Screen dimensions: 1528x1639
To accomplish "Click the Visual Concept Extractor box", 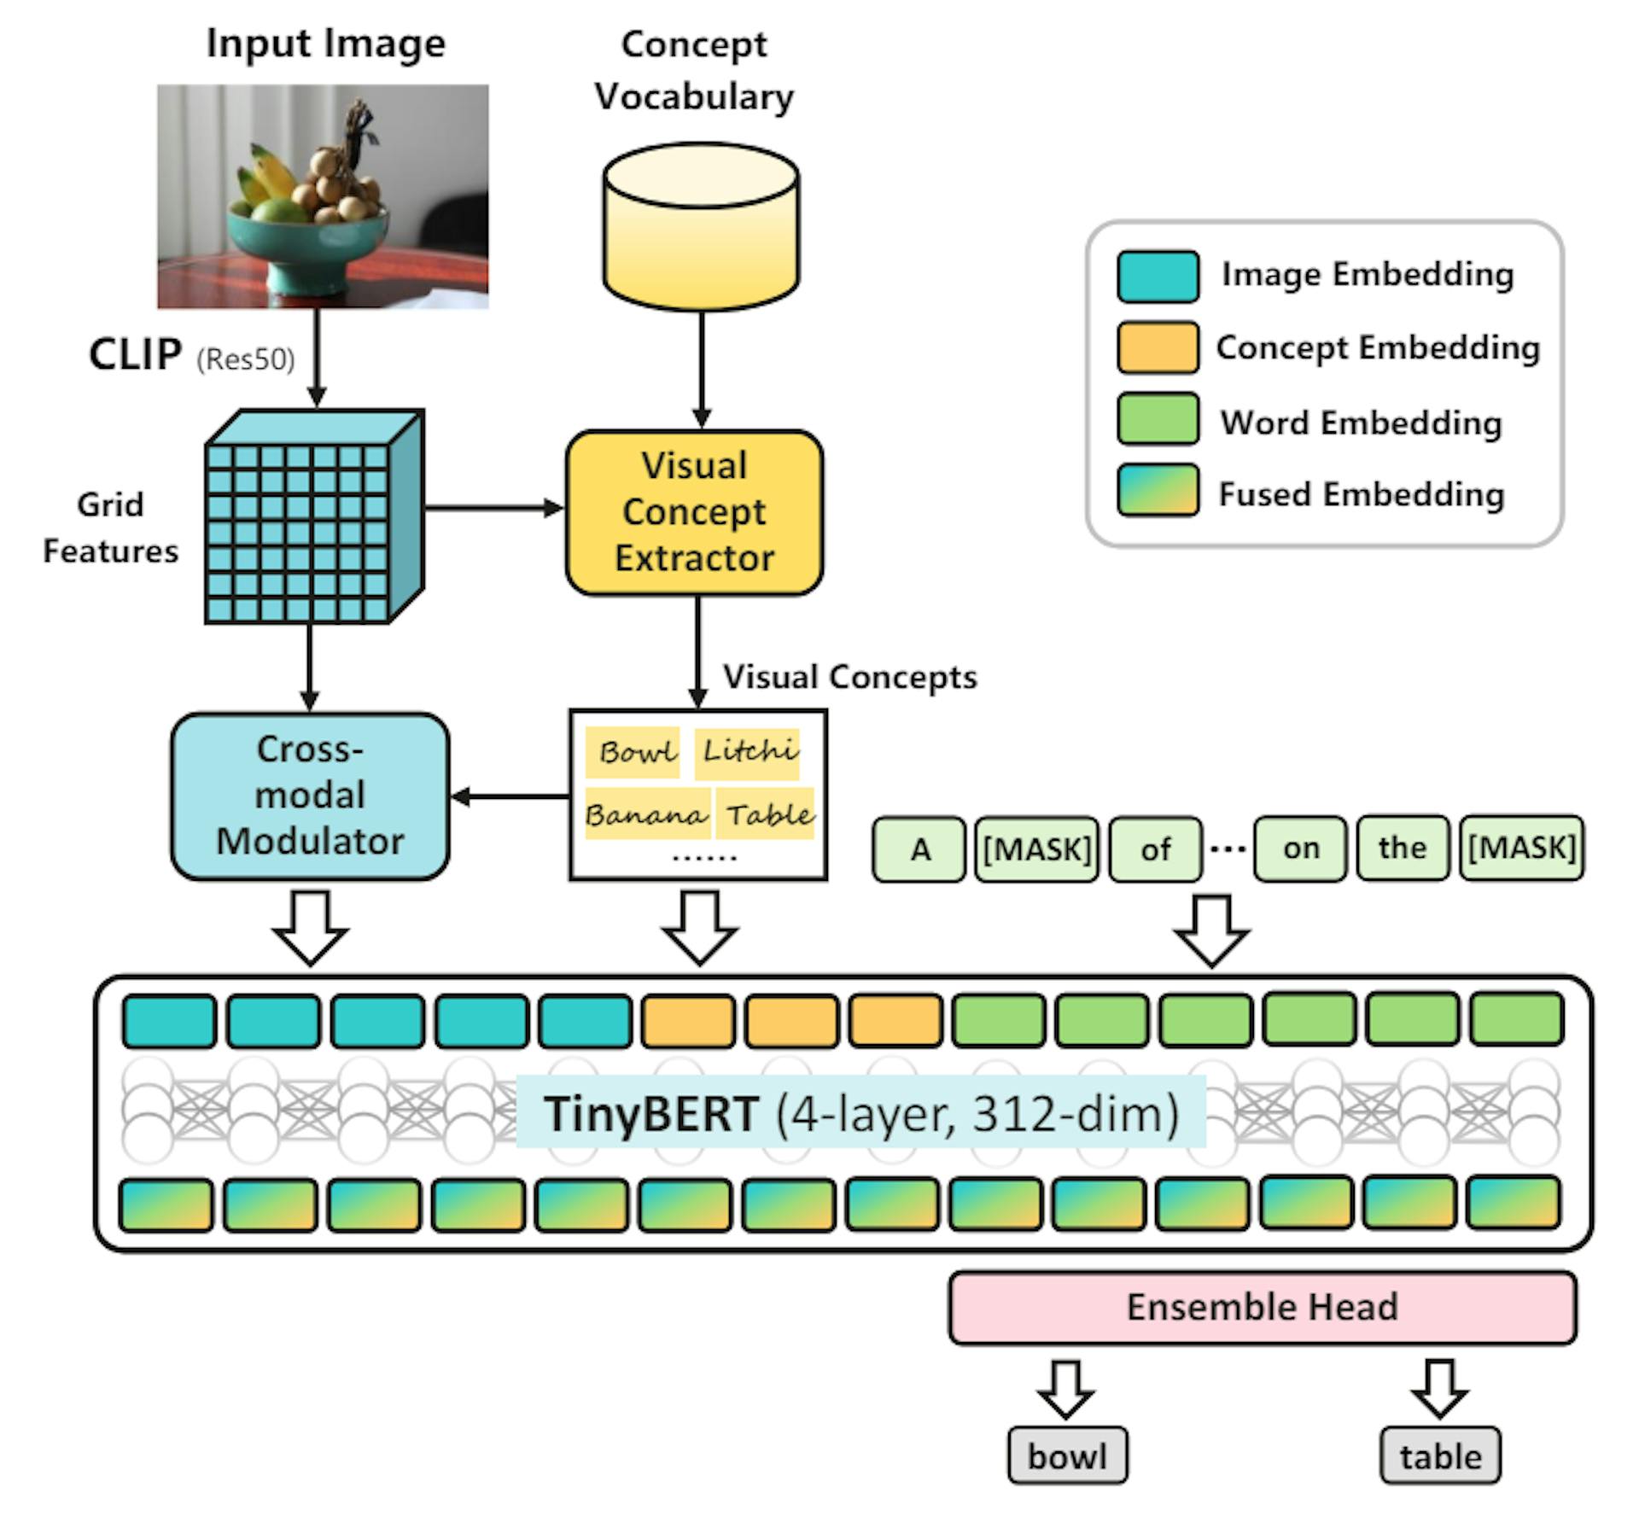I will click(x=694, y=512).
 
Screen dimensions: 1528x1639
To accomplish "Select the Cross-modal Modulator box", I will click(x=310, y=796).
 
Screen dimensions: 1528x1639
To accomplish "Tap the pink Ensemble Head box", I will click(x=1262, y=1307).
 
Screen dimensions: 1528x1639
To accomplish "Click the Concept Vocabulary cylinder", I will click(x=701, y=226).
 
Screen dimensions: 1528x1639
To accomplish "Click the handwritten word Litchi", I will click(x=748, y=751).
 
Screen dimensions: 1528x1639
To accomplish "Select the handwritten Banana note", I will click(x=646, y=814).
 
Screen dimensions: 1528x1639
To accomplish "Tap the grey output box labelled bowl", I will click(x=1067, y=1455).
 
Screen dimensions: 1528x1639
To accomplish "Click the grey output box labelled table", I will click(x=1439, y=1455).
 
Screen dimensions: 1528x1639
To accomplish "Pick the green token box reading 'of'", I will click(x=1155, y=849).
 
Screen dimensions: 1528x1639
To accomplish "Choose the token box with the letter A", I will click(x=919, y=849).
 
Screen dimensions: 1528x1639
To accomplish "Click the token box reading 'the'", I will click(x=1402, y=848).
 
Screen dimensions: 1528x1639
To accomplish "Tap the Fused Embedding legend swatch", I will click(x=1158, y=491).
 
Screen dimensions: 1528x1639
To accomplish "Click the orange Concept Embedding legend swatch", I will click(x=1158, y=347).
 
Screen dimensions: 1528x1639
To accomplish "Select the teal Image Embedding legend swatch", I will click(x=1158, y=276).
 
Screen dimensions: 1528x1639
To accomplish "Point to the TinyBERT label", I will click(x=860, y=1113).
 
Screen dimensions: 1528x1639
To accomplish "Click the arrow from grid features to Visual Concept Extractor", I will click(x=494, y=509).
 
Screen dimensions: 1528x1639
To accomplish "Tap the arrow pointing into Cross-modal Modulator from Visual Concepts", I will click(x=510, y=797).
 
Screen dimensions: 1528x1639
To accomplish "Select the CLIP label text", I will click(x=135, y=354).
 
